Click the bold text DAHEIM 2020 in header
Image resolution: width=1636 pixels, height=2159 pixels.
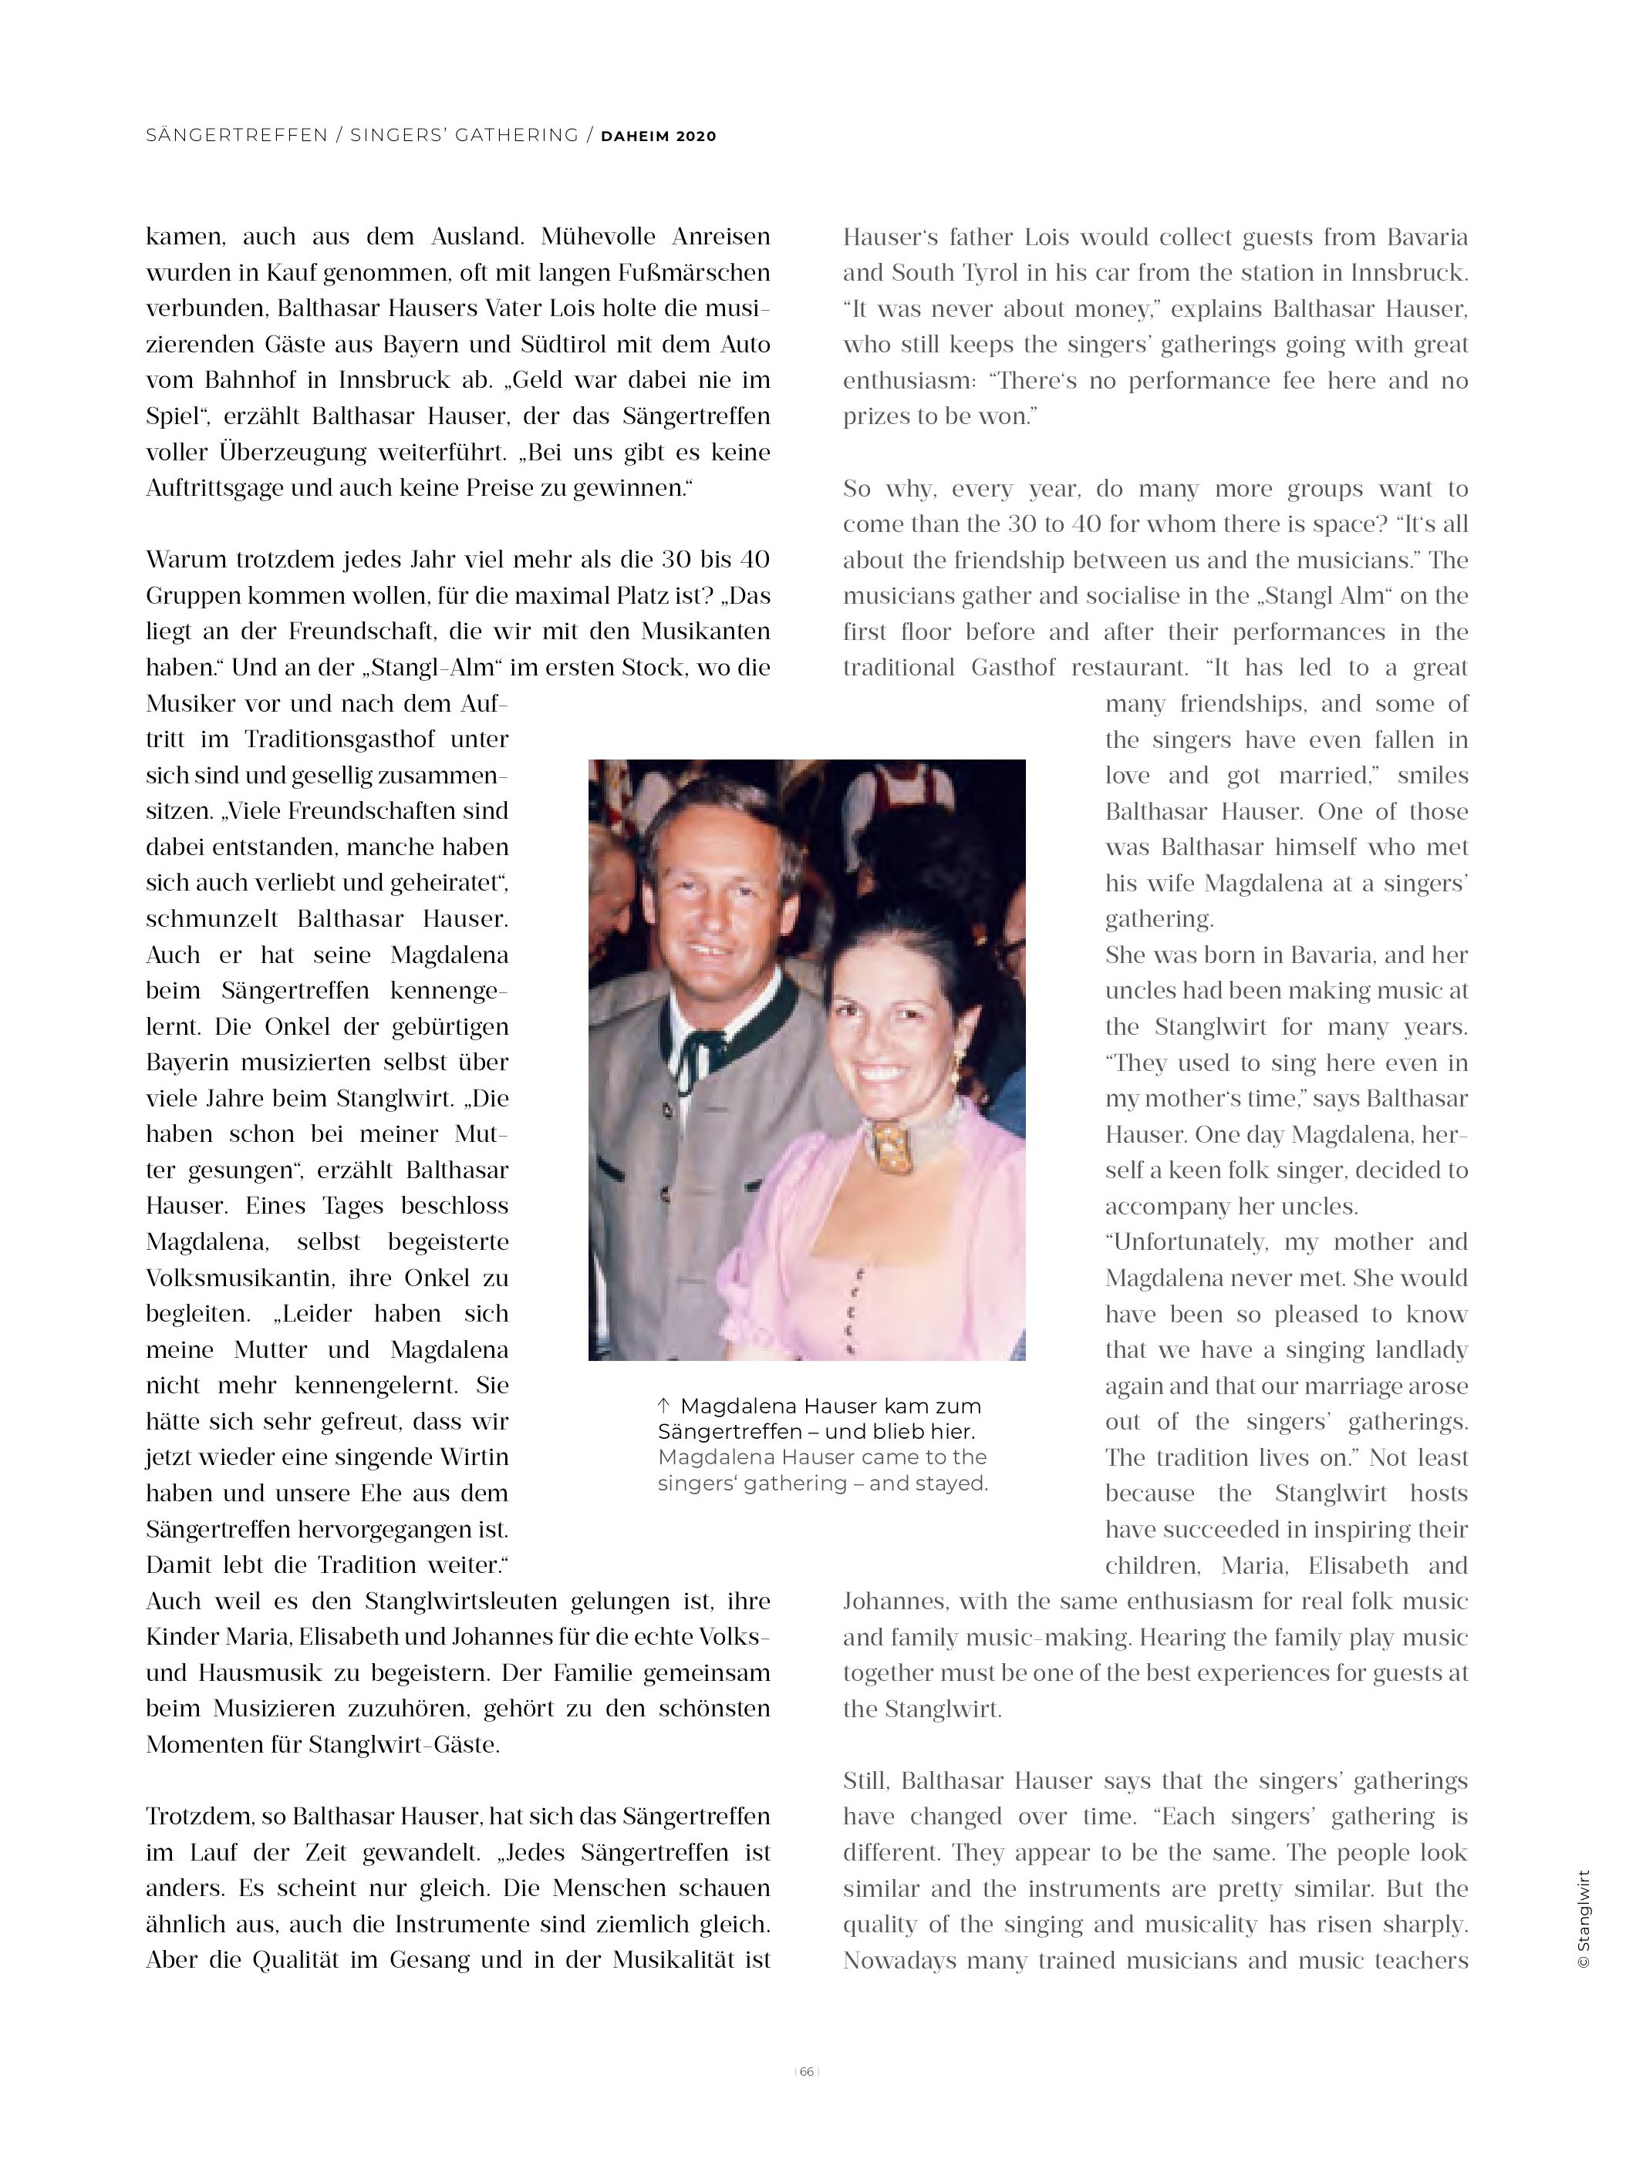point(658,136)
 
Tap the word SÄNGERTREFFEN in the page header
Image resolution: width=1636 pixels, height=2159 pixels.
point(236,136)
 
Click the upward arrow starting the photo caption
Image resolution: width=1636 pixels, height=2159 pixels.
point(664,1406)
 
